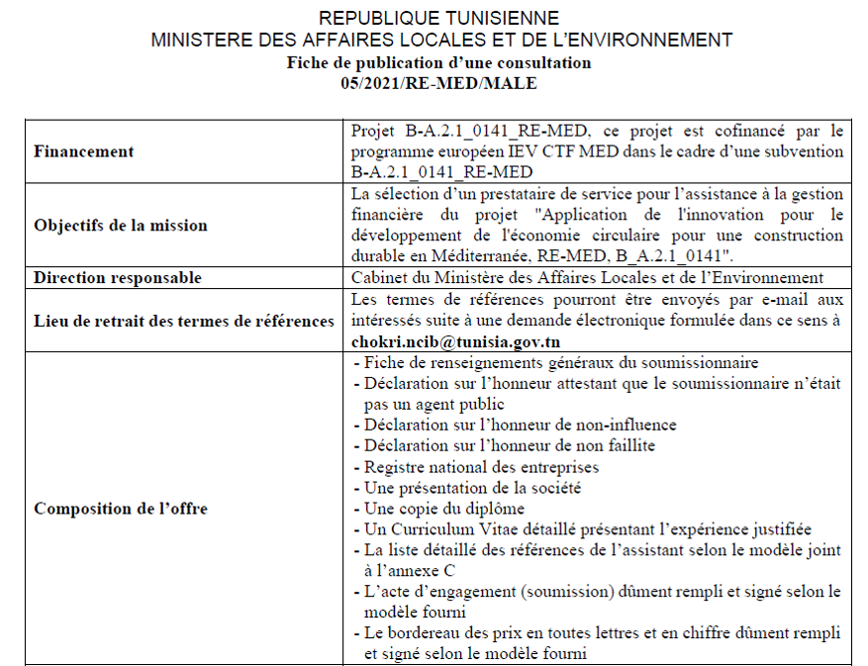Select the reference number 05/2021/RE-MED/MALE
click(438, 83)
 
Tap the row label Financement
click(83, 151)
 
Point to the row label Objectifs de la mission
click(120, 225)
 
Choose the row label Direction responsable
click(117, 278)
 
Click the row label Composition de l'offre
click(120, 509)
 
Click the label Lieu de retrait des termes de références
click(183, 320)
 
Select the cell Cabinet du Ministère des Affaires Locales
click(587, 278)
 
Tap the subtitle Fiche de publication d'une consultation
click(438, 62)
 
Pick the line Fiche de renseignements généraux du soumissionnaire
click(561, 362)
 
